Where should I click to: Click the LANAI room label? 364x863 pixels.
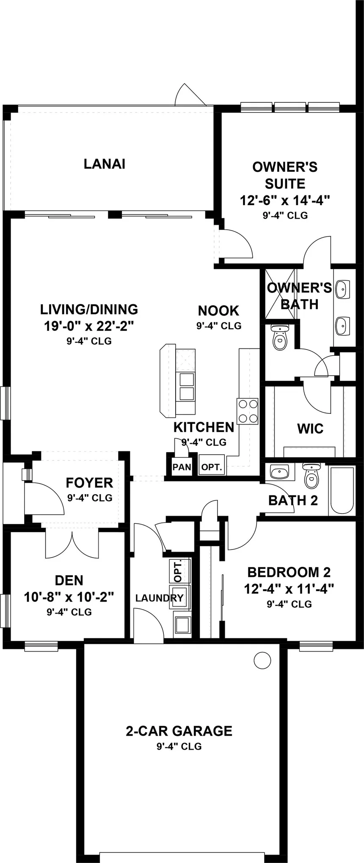tap(104, 164)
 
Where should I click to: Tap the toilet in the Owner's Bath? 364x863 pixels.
tap(279, 337)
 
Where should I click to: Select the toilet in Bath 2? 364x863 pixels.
tap(312, 476)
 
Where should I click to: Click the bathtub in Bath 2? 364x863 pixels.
tap(342, 491)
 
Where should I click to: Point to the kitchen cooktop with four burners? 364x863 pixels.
tap(248, 411)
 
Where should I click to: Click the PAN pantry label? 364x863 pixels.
tap(182, 467)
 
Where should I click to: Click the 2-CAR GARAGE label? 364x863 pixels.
tap(179, 731)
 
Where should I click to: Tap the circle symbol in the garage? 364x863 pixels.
tap(262, 660)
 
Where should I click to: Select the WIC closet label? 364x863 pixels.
tap(310, 429)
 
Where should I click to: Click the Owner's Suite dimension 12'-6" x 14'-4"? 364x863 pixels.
tap(285, 200)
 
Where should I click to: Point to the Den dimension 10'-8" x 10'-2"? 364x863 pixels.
tap(69, 597)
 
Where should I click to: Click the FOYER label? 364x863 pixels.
tap(89, 483)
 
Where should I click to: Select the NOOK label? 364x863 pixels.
tap(218, 311)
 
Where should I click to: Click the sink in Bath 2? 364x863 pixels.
tap(279, 471)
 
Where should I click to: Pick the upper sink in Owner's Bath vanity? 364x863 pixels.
tap(342, 290)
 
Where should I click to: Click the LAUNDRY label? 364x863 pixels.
tap(159, 598)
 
